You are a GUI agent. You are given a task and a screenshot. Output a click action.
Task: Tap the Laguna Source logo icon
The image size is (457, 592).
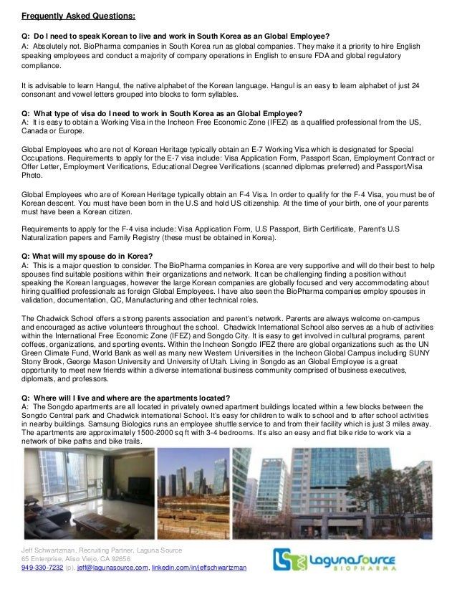tap(291, 559)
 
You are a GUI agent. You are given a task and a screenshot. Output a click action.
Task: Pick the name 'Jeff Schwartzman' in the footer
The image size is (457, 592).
tap(49, 548)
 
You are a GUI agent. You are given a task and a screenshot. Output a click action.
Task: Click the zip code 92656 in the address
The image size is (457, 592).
tap(121, 558)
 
